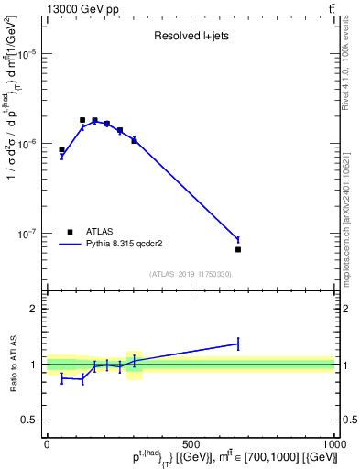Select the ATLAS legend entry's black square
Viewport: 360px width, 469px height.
point(71,232)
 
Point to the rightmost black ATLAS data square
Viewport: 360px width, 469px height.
point(238,249)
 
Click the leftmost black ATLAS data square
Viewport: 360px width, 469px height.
point(61,149)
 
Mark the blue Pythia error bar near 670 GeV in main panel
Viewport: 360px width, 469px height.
point(238,239)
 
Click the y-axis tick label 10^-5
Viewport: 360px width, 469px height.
point(27,54)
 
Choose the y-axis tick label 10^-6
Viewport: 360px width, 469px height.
point(27,144)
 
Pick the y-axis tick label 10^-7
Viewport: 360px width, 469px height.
point(27,234)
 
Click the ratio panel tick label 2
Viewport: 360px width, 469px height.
point(35,309)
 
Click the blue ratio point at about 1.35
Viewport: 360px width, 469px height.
point(238,344)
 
